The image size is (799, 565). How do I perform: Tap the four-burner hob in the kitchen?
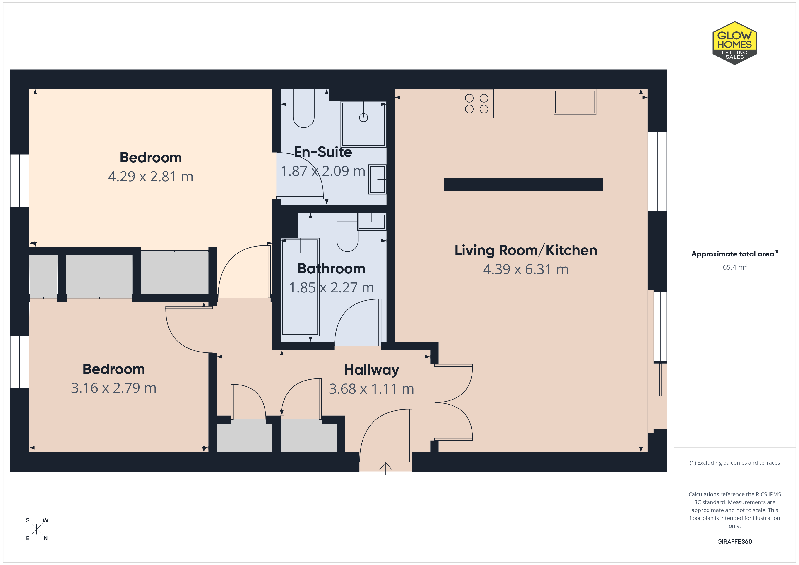477,104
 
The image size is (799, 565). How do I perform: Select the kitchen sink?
575,102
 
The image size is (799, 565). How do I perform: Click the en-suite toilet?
304,108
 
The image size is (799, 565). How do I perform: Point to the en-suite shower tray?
363,124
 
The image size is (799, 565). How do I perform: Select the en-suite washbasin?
377,179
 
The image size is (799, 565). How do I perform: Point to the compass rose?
36,529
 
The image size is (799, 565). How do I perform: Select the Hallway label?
372,370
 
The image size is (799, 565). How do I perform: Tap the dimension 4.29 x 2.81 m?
150,176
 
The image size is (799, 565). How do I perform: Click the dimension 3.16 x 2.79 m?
113,388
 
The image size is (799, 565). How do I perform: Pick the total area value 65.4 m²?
735,267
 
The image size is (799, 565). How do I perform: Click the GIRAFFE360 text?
735,542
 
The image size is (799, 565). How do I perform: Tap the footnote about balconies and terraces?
735,463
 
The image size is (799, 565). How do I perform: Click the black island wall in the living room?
523,184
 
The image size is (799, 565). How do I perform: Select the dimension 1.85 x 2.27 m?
331,288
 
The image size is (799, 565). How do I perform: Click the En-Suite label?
323,152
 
